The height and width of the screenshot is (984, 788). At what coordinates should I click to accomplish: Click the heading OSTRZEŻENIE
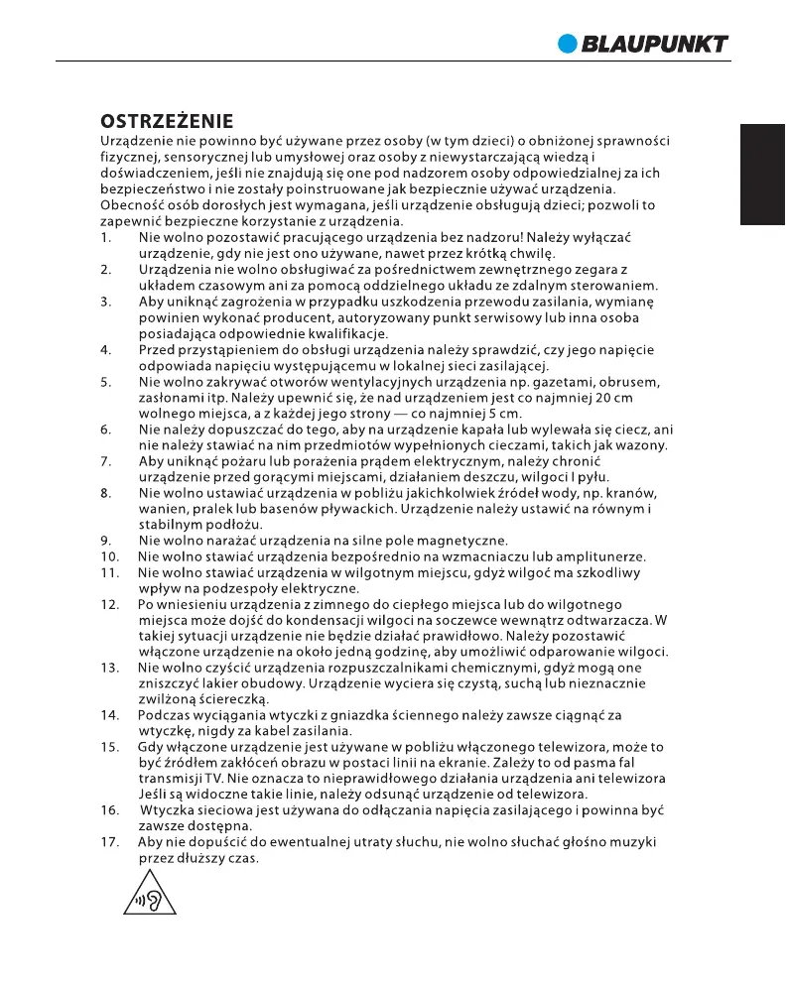[x=167, y=122]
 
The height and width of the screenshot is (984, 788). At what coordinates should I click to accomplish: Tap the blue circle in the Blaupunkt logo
[x=567, y=43]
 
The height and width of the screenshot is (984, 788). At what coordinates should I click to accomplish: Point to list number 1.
[x=104, y=239]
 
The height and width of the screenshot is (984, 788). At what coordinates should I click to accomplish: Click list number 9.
[x=104, y=541]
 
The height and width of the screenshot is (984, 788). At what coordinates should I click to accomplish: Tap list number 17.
[x=109, y=842]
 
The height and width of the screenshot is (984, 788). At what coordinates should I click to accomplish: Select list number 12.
[x=109, y=604]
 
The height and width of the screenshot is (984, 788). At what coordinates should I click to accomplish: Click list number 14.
[x=109, y=715]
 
